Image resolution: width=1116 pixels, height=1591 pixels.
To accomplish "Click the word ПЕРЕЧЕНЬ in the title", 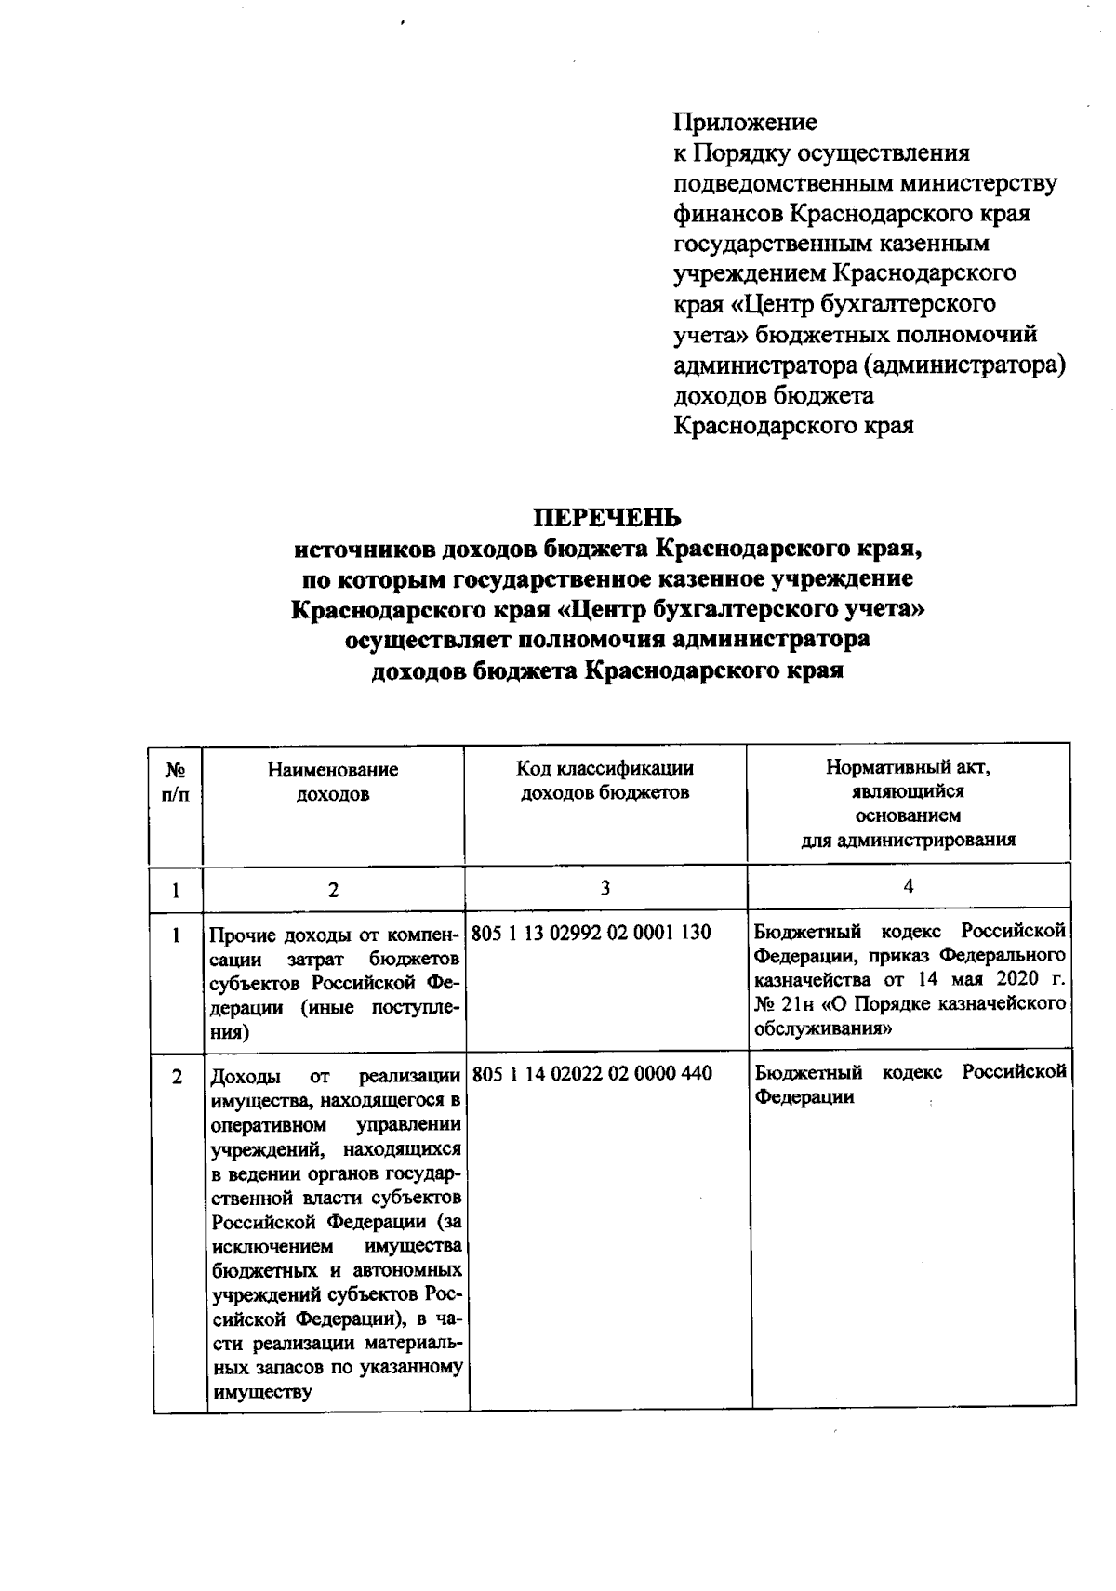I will pyautogui.click(x=606, y=516).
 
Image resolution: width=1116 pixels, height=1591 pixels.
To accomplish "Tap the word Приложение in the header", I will pyautogui.click(x=745, y=122).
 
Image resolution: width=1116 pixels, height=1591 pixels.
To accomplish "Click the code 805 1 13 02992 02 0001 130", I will pyautogui.click(x=591, y=932).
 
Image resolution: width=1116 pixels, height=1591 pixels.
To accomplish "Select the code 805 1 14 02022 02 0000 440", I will pyautogui.click(x=591, y=1073).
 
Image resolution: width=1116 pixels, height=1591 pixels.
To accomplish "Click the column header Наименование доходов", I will pyautogui.click(x=333, y=781).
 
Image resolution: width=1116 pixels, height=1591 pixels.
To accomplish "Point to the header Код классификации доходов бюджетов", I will pyautogui.click(x=604, y=780).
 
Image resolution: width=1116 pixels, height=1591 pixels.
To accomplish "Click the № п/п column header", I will pyautogui.click(x=176, y=782).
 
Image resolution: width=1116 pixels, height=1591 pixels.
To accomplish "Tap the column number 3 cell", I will pyautogui.click(x=605, y=887).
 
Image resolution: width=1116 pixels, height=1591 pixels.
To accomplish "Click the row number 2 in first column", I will pyautogui.click(x=177, y=1076).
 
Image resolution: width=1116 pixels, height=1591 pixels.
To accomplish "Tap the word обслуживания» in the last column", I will pyautogui.click(x=824, y=1028).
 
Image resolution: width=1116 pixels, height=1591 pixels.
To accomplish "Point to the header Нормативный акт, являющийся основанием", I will pyautogui.click(x=908, y=803).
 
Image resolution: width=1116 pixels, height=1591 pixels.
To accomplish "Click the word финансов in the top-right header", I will pyautogui.click(x=728, y=213).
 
